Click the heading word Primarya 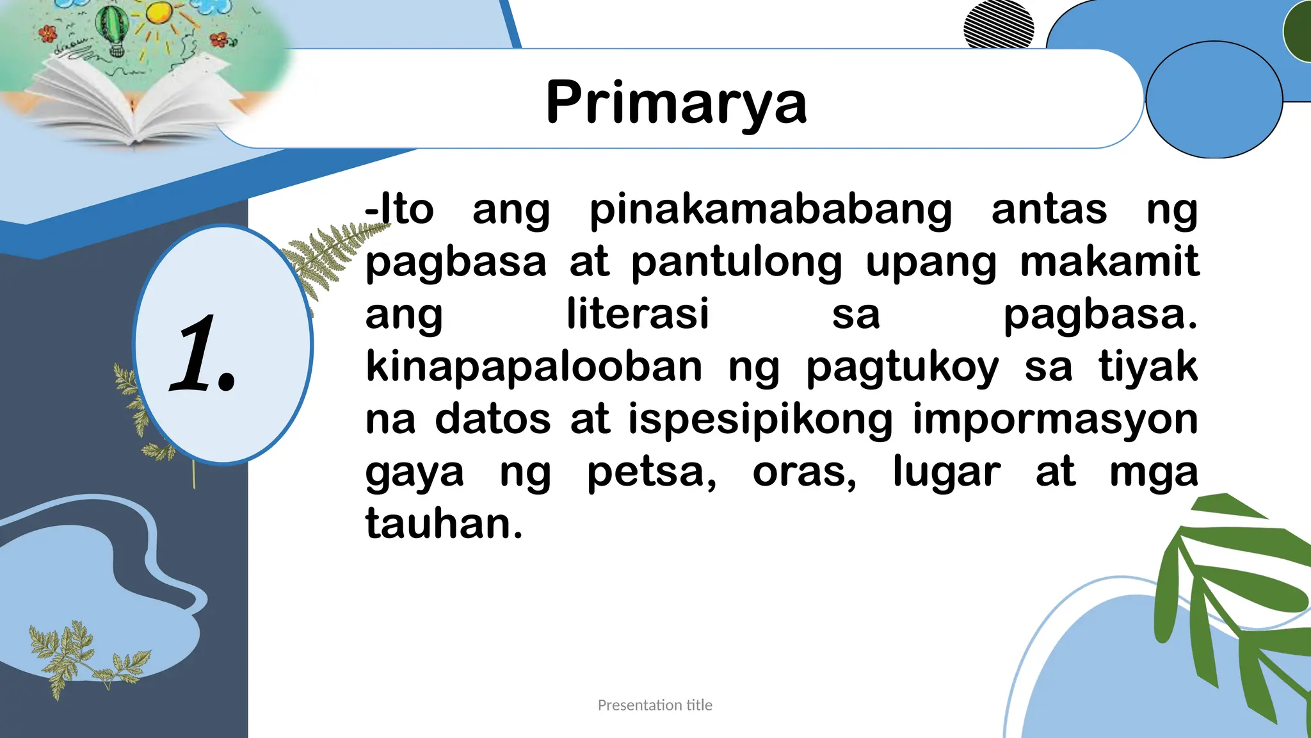[676, 102]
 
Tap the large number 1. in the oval [204, 354]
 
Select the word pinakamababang [770, 210]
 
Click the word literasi [638, 314]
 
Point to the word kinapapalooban [534, 366]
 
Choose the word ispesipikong [760, 420]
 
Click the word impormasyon [1055, 420]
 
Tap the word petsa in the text [651, 473]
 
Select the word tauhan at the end [444, 524]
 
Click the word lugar [946, 473]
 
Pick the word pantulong [736, 263]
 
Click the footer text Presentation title [655, 705]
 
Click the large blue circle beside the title [1214, 100]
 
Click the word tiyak [1148, 366]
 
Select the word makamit [1109, 263]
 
